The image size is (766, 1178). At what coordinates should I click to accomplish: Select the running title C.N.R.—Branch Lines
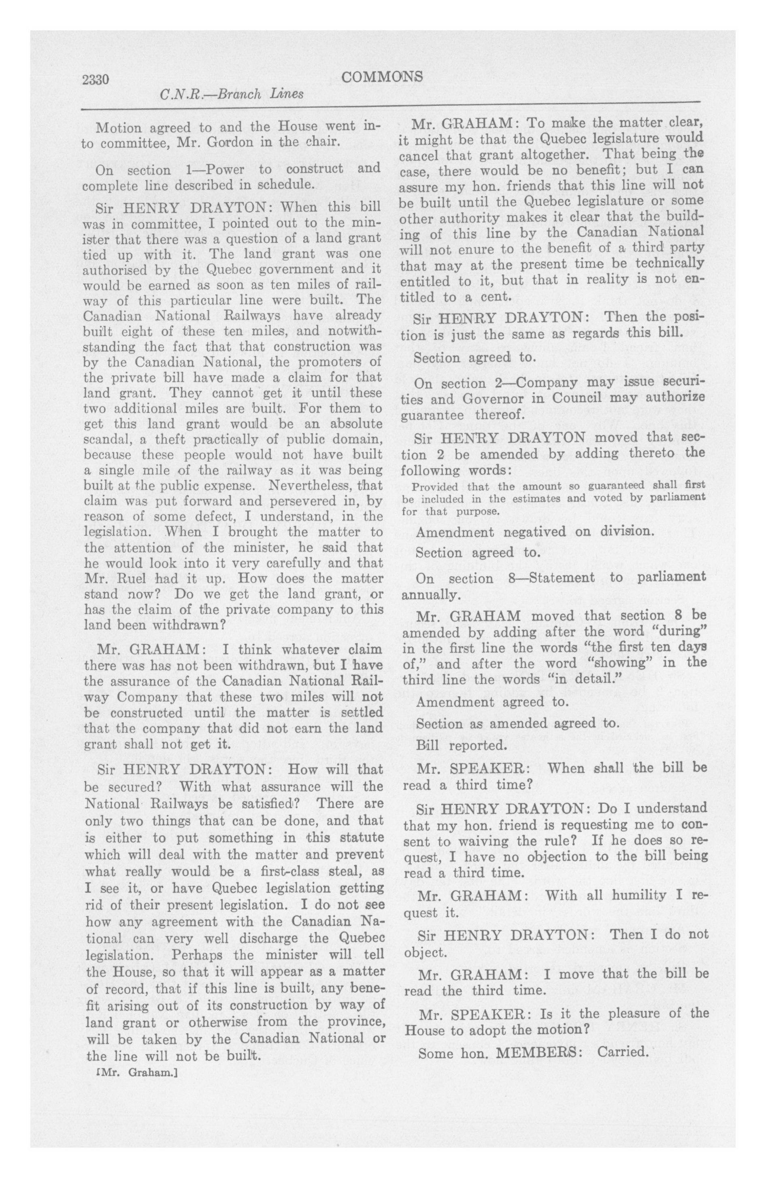[232, 94]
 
